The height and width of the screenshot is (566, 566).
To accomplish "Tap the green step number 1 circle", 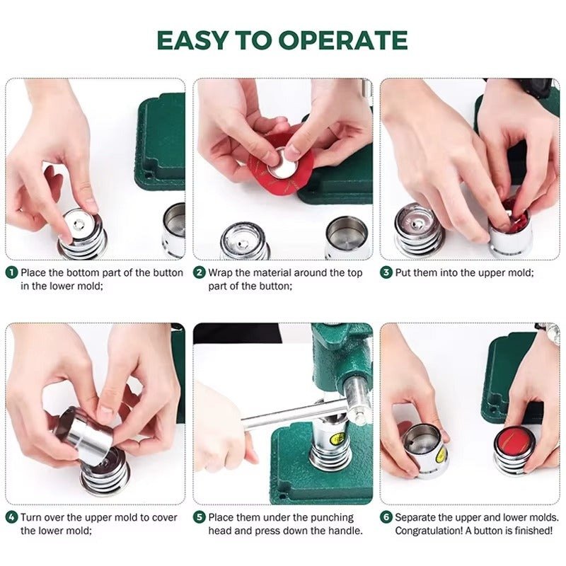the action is (12, 272).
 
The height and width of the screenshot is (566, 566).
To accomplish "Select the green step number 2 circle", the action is (200, 272).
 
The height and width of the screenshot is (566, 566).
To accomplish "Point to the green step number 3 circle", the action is (386, 272).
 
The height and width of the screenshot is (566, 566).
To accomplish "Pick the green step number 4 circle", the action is (12, 517).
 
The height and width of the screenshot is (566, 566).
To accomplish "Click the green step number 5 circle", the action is (200, 517).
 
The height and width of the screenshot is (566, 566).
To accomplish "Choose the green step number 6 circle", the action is (386, 517).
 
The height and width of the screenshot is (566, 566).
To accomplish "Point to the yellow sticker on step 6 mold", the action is (440, 456).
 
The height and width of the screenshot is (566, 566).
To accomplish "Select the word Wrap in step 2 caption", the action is (221, 273).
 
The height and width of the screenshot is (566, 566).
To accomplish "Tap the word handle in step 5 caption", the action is (345, 531).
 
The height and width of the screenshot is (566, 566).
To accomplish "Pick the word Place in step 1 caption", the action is (33, 272).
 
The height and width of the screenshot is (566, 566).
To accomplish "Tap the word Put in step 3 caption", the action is (403, 272).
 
